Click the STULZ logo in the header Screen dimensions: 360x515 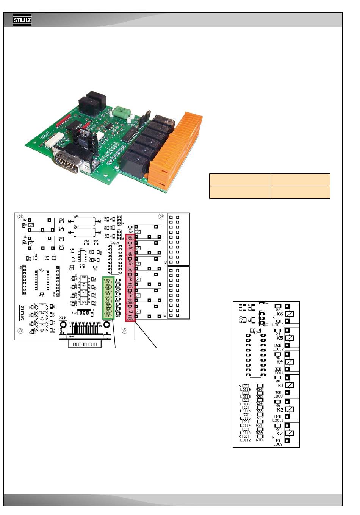[22, 20]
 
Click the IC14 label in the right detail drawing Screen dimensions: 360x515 [256, 331]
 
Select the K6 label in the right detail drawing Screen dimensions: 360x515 [280, 314]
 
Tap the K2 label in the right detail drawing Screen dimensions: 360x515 [280, 433]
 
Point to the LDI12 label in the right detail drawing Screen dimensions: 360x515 [246, 440]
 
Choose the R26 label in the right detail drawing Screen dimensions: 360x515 [260, 389]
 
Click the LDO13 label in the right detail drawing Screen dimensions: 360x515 [278, 325]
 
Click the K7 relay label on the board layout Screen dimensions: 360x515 [25, 220]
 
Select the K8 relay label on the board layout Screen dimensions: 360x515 [25, 237]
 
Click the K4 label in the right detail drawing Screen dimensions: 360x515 [280, 362]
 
